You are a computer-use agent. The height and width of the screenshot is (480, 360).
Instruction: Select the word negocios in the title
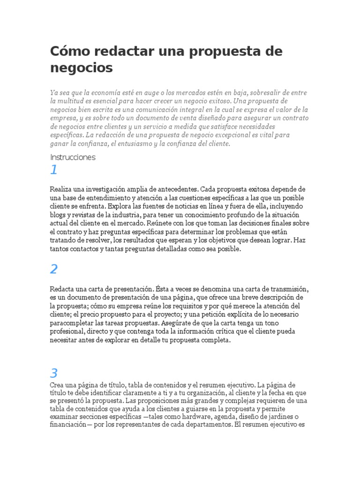pos(82,68)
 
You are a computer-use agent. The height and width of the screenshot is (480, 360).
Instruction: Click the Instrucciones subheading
pos(73,157)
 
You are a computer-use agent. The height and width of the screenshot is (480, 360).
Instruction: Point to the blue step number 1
pos(54,170)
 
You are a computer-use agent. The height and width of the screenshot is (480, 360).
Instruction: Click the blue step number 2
pos(54,269)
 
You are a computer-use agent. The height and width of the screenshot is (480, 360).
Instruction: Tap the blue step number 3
pos(54,373)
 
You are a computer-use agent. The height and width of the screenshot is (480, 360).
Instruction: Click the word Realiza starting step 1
pos(61,189)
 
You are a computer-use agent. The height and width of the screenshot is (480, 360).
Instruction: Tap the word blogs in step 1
pos(59,215)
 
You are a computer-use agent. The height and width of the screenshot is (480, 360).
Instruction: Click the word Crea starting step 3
pos(56,384)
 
